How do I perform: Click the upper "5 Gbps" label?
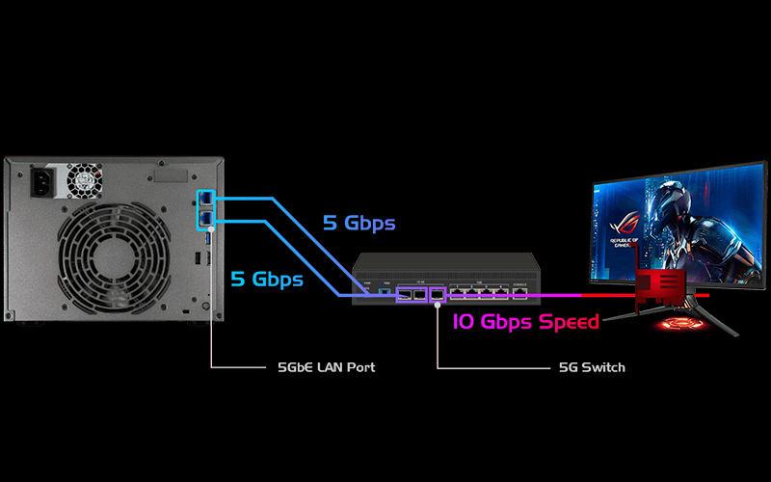point(359,224)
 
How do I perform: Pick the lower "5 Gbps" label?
point(267,280)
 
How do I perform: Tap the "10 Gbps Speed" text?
point(526,321)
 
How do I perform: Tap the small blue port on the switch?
point(385,290)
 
